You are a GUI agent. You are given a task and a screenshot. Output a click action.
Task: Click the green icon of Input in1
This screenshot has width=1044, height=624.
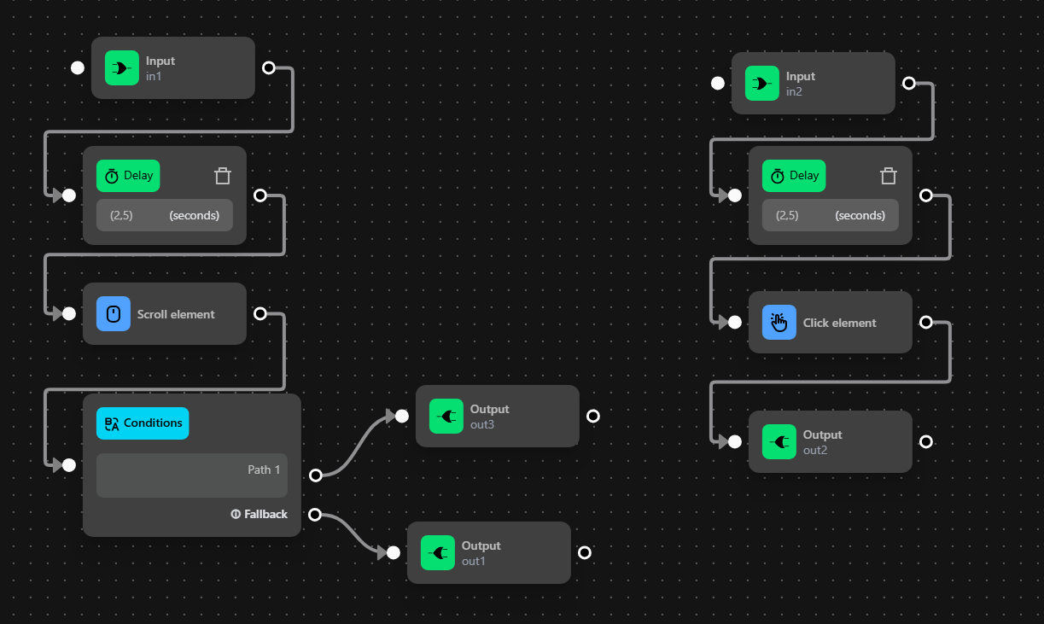pos(122,68)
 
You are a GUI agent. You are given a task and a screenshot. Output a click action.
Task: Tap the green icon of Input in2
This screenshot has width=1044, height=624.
pos(762,84)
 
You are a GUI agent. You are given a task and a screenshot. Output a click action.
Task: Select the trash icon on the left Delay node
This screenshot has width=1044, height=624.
pos(223,176)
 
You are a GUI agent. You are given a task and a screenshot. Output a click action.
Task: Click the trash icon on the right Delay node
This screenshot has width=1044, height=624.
pos(889,176)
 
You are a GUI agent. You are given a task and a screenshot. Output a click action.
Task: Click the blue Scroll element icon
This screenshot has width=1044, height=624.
pos(114,314)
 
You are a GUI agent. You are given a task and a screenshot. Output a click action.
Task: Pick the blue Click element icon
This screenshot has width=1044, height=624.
pos(779,323)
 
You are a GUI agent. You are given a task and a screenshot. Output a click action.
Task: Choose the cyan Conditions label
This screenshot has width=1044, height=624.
pos(143,423)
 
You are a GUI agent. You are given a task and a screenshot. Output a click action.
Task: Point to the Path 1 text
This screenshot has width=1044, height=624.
pos(264,469)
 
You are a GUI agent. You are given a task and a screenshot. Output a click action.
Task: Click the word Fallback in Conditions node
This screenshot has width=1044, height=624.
pos(265,514)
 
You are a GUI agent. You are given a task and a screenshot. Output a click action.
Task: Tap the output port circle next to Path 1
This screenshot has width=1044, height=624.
pos(315,475)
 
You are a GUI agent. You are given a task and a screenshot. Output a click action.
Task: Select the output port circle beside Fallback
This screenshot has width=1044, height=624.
pos(314,514)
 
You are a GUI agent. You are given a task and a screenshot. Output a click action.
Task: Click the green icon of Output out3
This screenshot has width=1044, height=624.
pos(446,417)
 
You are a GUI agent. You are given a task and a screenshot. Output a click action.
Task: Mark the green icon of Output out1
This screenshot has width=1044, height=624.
pos(438,553)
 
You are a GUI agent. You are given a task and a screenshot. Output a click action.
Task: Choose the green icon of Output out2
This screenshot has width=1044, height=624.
pos(779,442)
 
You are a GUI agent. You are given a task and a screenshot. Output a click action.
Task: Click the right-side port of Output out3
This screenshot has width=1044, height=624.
pos(593,416)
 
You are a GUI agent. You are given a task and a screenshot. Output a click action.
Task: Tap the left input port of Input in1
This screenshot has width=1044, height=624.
pos(78,67)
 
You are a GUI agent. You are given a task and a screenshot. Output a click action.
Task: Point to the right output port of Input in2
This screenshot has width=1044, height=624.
pos(909,83)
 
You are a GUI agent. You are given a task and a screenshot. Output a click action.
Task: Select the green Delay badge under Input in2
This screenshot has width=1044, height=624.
pos(794,176)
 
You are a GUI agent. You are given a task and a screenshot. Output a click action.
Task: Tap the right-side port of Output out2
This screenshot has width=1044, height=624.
pos(926,441)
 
